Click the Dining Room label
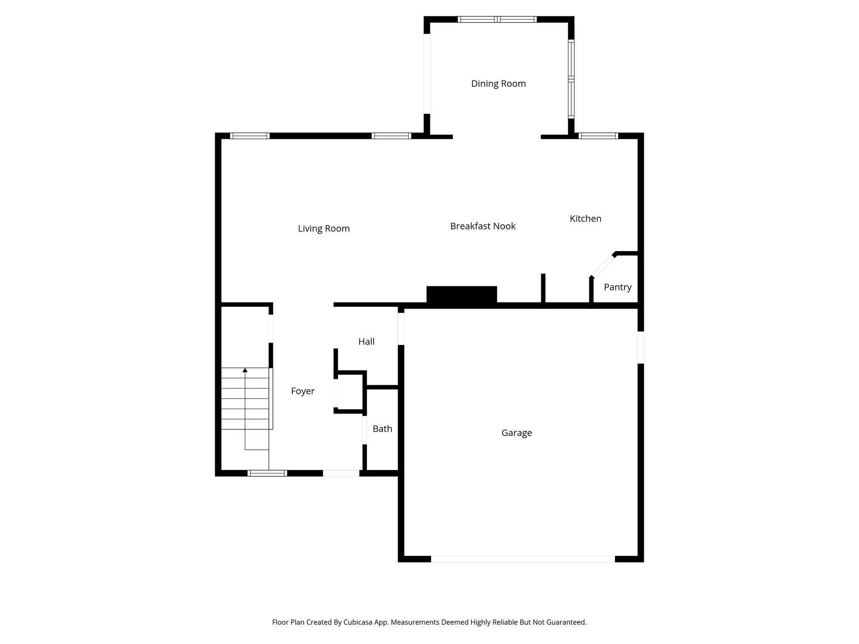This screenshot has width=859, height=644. pos(498,84)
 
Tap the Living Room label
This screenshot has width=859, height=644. pos(324,229)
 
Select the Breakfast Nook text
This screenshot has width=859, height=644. pos(483,226)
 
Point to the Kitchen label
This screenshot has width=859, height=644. pos(586,218)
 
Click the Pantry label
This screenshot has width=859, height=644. pos(617,287)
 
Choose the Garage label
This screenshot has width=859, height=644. pos(517,433)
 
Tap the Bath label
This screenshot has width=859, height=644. pos(383,428)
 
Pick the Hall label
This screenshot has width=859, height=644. pos(366,342)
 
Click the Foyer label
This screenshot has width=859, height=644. pos(303,391)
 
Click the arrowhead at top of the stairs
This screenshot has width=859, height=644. pos(245,370)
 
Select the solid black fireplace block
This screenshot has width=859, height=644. pos(461,295)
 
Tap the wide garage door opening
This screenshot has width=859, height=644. pos(523,559)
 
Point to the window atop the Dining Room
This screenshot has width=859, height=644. pos(497,19)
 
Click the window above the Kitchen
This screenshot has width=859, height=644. pos(598,136)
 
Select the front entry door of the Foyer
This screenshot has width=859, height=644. pos(341,473)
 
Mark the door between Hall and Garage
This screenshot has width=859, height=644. pos(401,329)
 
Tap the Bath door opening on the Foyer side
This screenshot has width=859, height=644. pos(364,430)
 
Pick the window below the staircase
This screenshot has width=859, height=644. pos(267,473)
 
